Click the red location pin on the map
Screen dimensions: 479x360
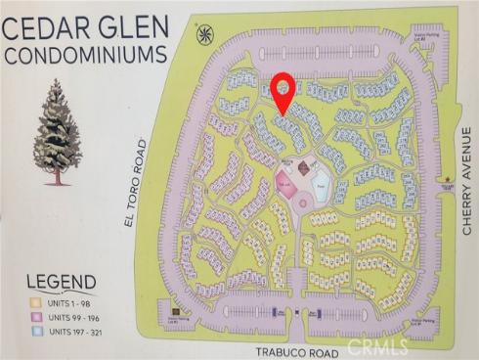283,88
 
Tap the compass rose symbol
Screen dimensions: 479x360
205,36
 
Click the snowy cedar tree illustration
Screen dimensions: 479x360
58,134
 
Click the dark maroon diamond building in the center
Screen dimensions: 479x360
303,168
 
